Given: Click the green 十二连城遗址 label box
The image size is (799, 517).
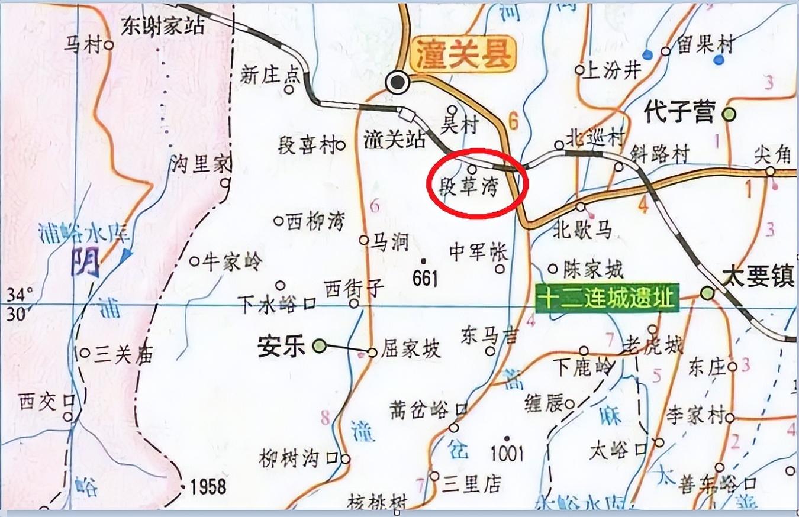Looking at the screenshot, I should [607, 298].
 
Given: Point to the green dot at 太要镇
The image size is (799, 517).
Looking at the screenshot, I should [707, 292].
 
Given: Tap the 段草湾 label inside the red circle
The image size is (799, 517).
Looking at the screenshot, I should [469, 188].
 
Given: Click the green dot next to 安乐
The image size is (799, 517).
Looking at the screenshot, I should [320, 345].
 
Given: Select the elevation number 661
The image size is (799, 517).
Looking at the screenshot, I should [425, 278].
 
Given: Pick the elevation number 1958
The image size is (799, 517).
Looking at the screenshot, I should [208, 487].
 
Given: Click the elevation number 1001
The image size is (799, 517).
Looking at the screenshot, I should [507, 453].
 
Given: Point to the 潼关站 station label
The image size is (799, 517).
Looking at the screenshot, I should [395, 139].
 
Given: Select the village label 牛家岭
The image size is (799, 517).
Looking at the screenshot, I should [231, 261].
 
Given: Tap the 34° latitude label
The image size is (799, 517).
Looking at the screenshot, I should [20, 293].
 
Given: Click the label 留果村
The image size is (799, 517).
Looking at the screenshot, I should [705, 45].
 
